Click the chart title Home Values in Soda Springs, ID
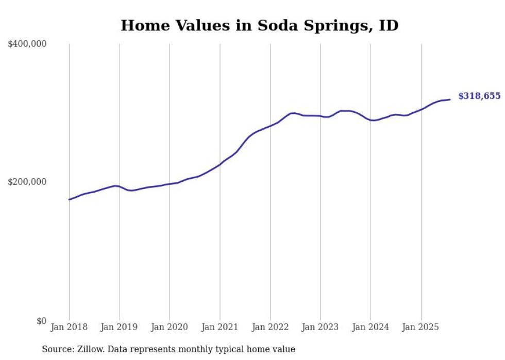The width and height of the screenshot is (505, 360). click(259, 25)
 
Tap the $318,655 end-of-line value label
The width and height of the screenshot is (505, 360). click(479, 96)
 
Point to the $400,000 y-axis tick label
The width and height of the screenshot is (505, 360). click(27, 44)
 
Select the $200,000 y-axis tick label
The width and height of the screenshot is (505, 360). click(27, 182)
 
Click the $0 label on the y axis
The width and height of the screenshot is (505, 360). click(41, 321)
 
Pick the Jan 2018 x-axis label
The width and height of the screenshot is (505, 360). click(69, 327)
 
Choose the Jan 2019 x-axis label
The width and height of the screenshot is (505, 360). click(120, 327)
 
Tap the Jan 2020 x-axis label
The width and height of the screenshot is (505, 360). click(170, 327)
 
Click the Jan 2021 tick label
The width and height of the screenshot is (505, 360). click(220, 327)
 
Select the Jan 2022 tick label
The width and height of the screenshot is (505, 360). click(270, 327)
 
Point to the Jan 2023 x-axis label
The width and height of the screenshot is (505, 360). click(320, 327)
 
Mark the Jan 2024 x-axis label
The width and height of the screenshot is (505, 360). click(371, 327)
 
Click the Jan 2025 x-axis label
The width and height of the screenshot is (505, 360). click(420, 327)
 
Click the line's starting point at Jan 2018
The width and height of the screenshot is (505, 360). click(69, 199)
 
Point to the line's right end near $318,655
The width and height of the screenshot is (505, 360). click(450, 99)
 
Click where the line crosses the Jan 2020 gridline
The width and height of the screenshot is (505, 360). click(170, 184)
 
